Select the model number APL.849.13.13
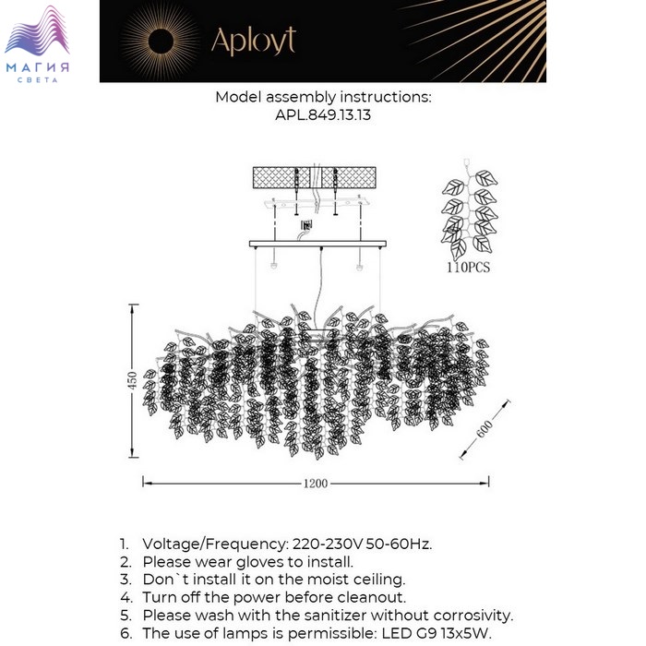(323, 115)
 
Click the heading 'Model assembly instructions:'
(323, 97)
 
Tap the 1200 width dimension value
(316, 483)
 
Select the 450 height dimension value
(132, 380)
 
